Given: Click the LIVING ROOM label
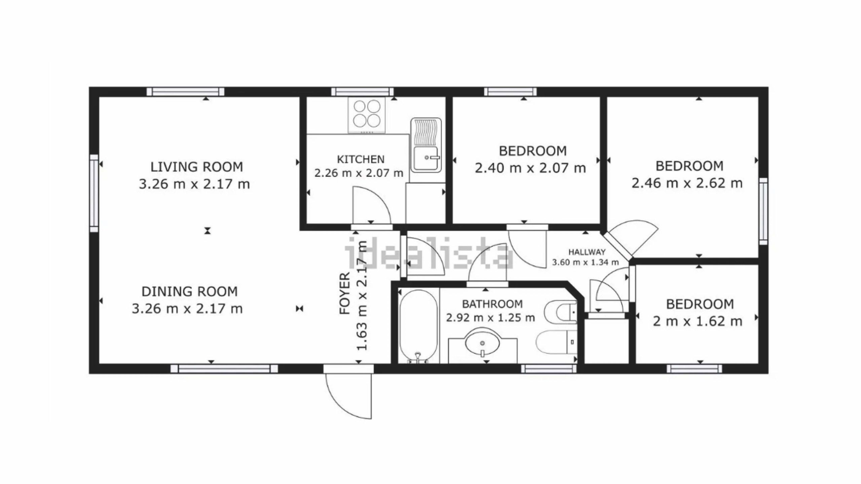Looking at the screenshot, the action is (x=196, y=167).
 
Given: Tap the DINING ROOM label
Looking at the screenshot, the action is (x=189, y=291).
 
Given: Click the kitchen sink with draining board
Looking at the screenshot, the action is (x=426, y=145).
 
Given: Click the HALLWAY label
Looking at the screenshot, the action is (x=587, y=252).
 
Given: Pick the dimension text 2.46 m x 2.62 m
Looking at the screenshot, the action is (x=687, y=184).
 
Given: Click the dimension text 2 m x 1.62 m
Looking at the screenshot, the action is (x=698, y=321).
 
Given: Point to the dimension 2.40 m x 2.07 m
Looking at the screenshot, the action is (x=530, y=168).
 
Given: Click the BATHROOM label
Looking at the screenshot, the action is (x=492, y=304).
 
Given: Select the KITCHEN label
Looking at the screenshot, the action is (x=361, y=159).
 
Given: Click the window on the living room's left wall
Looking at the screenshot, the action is (x=94, y=193).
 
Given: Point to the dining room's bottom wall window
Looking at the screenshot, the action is (x=224, y=369).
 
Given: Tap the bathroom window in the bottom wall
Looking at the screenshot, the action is (x=549, y=369).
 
